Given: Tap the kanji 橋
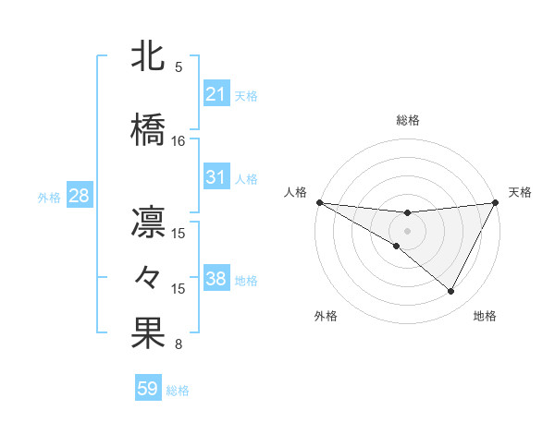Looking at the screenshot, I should click(x=148, y=130).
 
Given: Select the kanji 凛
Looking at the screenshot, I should click(x=148, y=223).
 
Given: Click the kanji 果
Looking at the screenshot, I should click(x=148, y=334).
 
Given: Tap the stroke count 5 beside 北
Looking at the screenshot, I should click(x=179, y=67).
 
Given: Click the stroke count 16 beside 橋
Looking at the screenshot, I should click(x=179, y=141).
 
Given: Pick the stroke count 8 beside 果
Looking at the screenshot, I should click(x=179, y=345).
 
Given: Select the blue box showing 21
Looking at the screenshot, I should click(x=216, y=94).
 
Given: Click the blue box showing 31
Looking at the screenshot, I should click(x=216, y=177).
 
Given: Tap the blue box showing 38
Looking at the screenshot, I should click(x=216, y=279).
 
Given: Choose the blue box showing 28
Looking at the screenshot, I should click(x=78, y=196).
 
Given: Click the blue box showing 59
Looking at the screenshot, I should click(x=147, y=389).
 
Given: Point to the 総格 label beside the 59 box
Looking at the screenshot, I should click(x=178, y=391).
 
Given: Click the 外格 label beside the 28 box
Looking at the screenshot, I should click(x=49, y=197).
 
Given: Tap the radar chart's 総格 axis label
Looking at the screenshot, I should click(x=407, y=120).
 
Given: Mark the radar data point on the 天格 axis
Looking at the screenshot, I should click(x=497, y=202).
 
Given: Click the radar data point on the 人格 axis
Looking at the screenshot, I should click(x=319, y=201).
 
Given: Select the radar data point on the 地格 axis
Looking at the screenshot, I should click(x=451, y=292).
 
